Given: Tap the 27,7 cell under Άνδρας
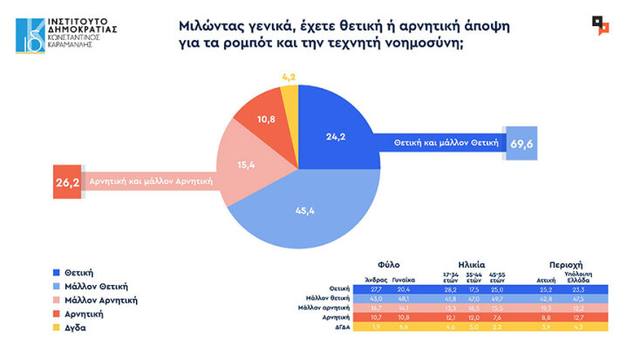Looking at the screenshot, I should point(377,288).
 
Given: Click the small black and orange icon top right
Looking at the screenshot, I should point(601,24).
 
